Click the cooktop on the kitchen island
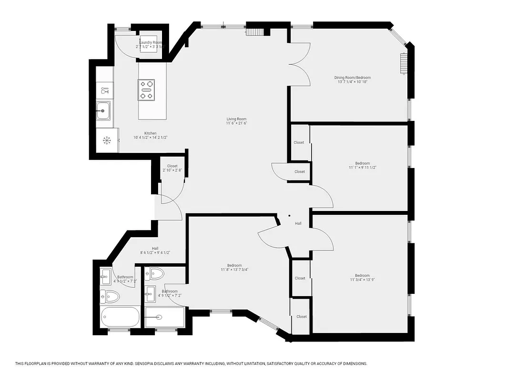coord(146,90)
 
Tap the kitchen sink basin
coord(103,111)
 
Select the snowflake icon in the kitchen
coord(107,140)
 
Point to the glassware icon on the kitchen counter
coord(104,90)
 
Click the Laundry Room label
coord(151,43)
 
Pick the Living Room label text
coord(236,119)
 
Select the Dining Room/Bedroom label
coord(352,78)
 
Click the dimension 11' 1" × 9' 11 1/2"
coord(359,168)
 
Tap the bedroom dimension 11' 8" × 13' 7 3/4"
coord(234,270)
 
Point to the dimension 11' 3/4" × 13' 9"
coord(362,280)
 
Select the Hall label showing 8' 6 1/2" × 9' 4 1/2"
coord(155,253)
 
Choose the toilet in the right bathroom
coord(154,274)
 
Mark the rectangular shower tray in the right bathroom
coord(164,317)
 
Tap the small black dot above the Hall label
coord(290,216)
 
